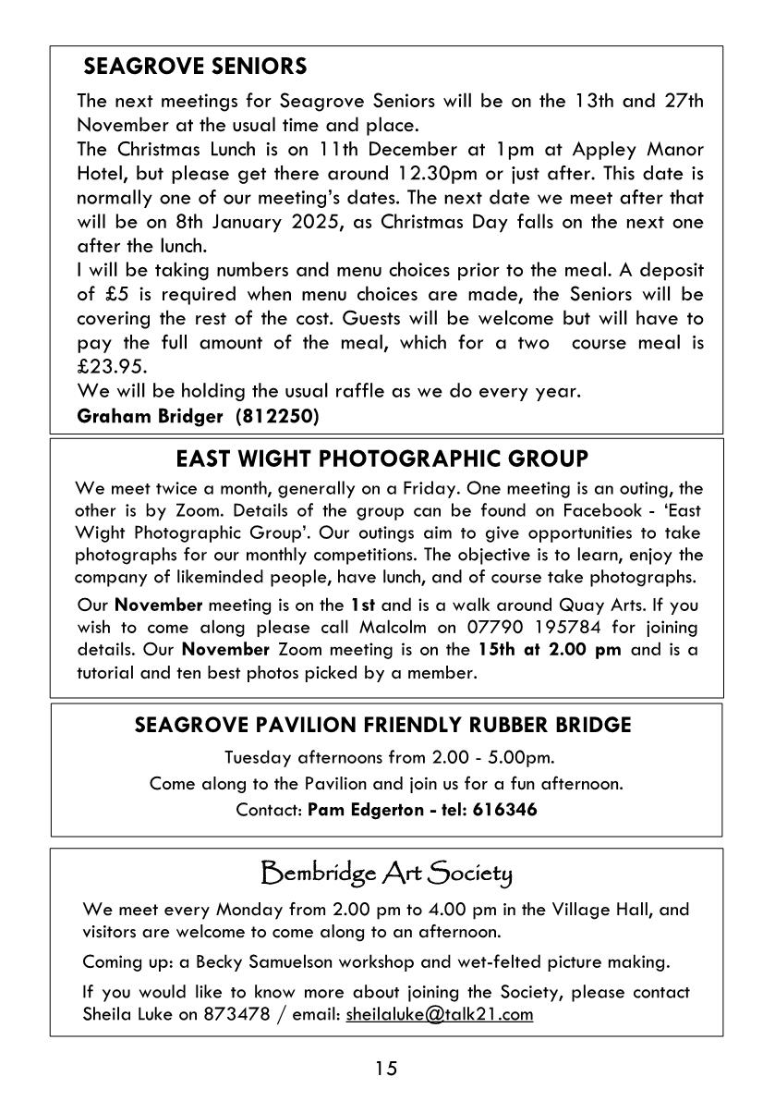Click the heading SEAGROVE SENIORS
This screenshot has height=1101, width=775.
point(195,67)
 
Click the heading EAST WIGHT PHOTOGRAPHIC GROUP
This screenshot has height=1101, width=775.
point(381,459)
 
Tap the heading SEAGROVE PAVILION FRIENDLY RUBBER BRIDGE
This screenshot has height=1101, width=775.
point(383,725)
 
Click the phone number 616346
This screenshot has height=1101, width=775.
point(505,810)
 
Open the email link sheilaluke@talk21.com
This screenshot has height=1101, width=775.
point(440,1014)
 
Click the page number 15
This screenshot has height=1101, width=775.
point(386,1069)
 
